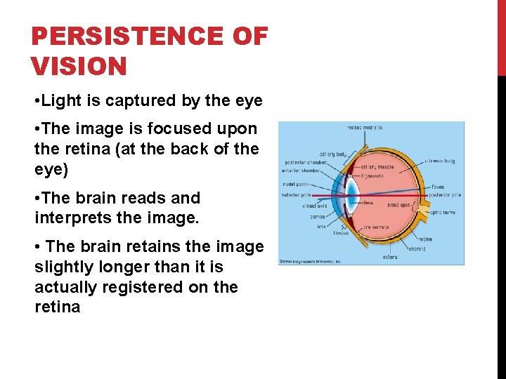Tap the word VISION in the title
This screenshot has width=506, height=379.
click(79, 67)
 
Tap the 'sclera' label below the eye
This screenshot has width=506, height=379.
click(390, 258)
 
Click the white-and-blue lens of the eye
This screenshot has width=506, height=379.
click(355, 195)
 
